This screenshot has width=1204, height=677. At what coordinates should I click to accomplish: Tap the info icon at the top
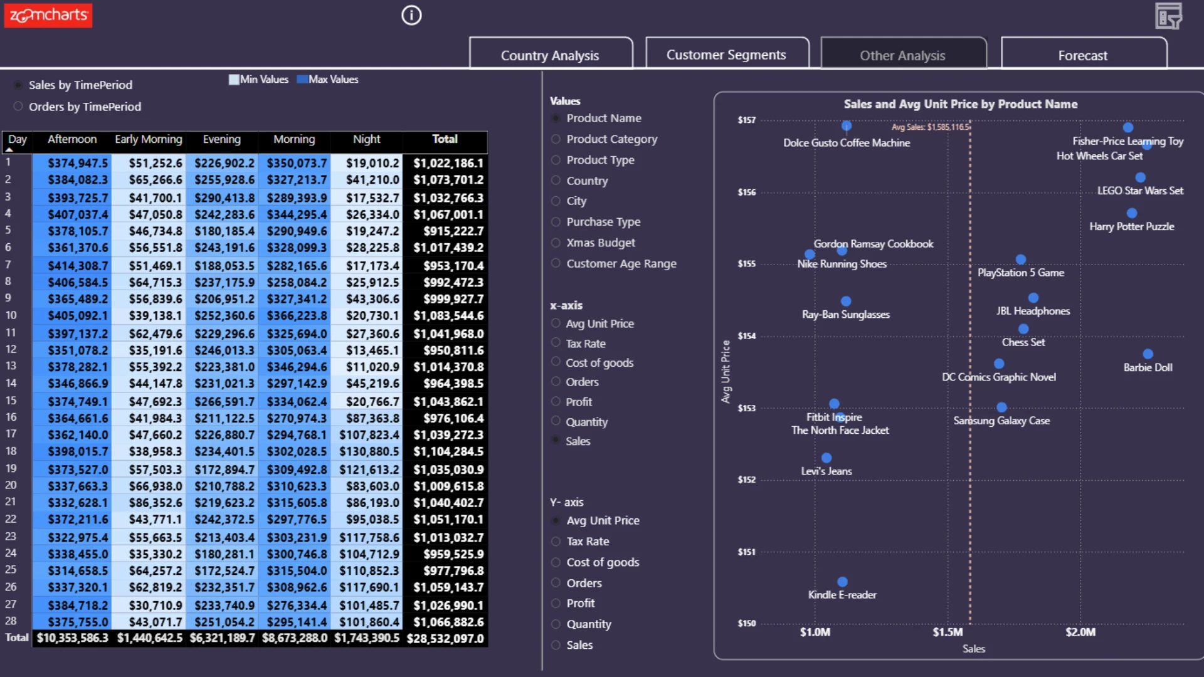point(411,15)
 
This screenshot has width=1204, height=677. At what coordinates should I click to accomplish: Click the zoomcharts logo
point(48,15)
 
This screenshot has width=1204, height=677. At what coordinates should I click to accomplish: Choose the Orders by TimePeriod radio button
point(18,107)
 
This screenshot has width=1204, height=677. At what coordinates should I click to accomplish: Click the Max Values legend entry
point(327,80)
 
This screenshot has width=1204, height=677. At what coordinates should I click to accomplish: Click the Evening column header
point(221,139)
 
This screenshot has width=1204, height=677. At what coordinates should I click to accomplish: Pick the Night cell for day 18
point(368,451)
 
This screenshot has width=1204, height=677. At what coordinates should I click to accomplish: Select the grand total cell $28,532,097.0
point(445,638)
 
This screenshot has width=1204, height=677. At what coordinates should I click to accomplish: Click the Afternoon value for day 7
point(78,266)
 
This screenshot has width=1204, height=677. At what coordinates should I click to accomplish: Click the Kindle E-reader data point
point(843,582)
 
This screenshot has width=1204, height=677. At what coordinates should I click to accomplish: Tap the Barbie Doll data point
point(1148,354)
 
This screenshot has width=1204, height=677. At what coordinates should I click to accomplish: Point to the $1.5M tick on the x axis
point(948,632)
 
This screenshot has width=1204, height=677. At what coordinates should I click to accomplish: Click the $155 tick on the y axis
point(747,264)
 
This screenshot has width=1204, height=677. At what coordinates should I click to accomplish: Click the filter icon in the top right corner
point(1169,16)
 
